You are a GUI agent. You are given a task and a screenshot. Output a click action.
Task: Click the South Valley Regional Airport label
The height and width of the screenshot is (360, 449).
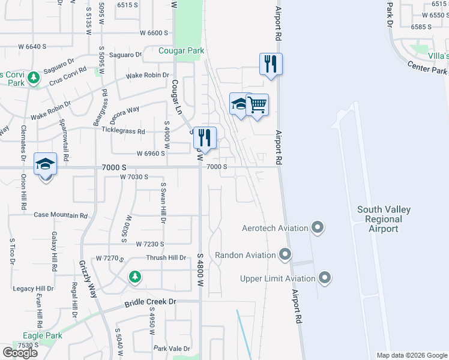[x=384, y=219]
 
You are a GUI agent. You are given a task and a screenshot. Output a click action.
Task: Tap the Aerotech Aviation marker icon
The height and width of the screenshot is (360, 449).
[x=318, y=228]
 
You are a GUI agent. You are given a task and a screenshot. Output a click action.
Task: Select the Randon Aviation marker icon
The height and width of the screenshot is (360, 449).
[x=285, y=255]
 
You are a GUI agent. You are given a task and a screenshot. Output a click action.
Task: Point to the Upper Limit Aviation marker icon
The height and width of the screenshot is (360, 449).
[x=325, y=278]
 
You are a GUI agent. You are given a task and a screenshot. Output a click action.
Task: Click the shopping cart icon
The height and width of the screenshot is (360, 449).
[x=257, y=105]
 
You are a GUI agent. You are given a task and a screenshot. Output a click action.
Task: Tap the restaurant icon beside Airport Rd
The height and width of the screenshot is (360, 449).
[x=271, y=64]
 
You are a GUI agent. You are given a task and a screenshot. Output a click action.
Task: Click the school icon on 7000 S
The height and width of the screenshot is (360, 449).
[x=45, y=164]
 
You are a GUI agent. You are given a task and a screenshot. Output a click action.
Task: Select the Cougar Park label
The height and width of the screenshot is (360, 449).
[x=181, y=51]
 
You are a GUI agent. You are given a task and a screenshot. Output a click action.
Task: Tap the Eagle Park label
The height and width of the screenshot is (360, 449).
[x=43, y=335]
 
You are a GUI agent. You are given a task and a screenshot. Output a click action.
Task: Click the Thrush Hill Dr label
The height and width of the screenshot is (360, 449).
[x=166, y=257]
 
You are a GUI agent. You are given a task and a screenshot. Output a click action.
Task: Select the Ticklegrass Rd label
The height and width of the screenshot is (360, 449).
[x=124, y=131]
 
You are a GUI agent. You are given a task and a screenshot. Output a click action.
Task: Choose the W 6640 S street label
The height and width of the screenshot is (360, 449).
[x=32, y=46]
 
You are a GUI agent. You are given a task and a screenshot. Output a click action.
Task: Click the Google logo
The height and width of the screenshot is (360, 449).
[x=20, y=353]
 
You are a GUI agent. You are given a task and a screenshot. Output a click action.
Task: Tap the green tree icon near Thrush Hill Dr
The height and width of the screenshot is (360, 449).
[x=136, y=277]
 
